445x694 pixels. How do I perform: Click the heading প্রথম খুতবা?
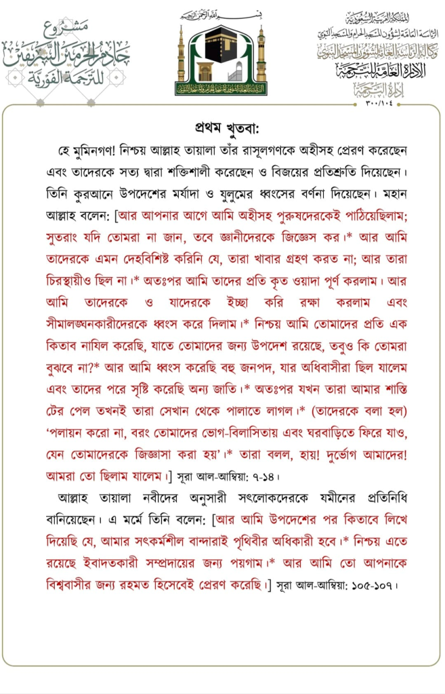[x=222, y=128]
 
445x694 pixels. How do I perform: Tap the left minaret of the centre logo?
[x=181, y=58]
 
